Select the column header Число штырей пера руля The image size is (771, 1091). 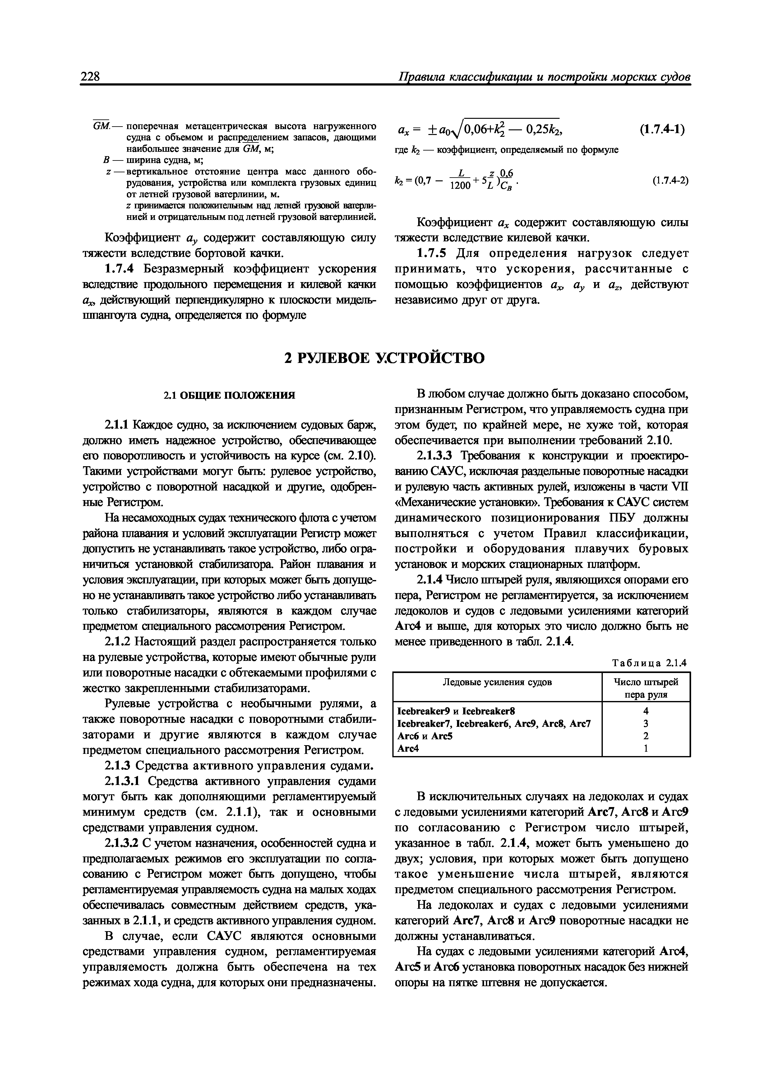tap(646, 688)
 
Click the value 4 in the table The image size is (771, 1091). tap(646, 711)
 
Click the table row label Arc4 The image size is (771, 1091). tap(408, 748)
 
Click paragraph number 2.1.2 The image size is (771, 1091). tap(118, 642)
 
